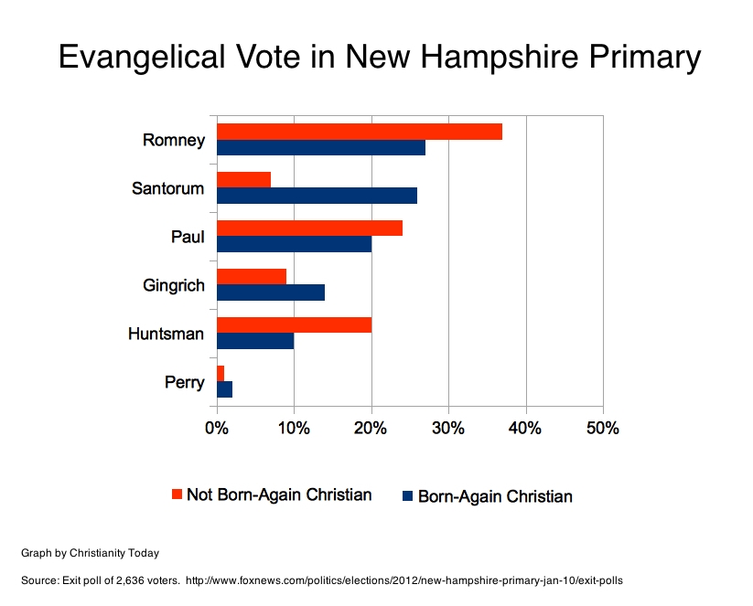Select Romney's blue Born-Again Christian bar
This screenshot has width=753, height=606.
click(x=320, y=148)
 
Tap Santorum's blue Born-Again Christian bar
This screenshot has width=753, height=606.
click(x=317, y=196)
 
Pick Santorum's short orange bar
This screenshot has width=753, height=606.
click(x=243, y=179)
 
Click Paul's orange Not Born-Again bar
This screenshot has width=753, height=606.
click(x=309, y=228)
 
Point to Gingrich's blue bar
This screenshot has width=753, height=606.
click(x=270, y=292)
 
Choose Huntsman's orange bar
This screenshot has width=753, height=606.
click(x=294, y=324)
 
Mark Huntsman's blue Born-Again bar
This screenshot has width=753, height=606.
click(x=255, y=341)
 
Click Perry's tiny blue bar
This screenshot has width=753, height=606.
click(x=224, y=389)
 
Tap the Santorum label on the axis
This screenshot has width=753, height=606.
click(x=167, y=189)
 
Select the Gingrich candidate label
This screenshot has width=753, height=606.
click(x=173, y=285)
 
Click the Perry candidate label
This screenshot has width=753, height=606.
click(x=184, y=382)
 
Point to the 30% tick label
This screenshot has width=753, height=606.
click(x=448, y=429)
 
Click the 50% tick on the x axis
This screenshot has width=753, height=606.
click(x=603, y=429)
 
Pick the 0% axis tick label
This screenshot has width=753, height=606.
click(x=216, y=429)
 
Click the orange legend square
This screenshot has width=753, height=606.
click(x=177, y=494)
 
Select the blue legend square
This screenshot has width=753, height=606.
click(x=407, y=496)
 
